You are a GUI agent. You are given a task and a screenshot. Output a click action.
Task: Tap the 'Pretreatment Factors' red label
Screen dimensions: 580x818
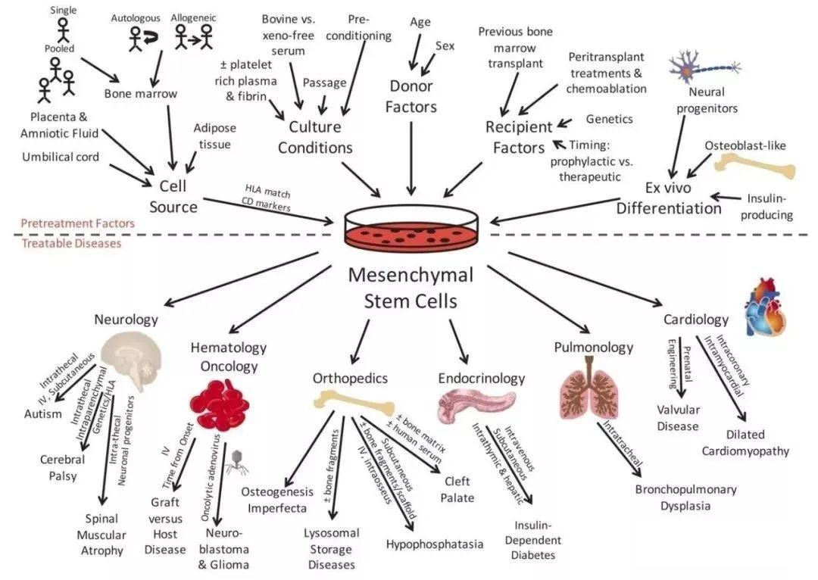point(77,223)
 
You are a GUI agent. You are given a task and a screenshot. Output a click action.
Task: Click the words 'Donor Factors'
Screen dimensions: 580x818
point(411,96)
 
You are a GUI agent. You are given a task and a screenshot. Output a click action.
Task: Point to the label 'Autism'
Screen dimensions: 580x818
point(42,414)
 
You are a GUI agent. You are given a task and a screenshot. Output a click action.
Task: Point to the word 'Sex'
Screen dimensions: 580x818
point(445,46)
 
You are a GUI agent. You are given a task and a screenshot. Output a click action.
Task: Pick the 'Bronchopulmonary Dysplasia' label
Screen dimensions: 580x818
point(686,497)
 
